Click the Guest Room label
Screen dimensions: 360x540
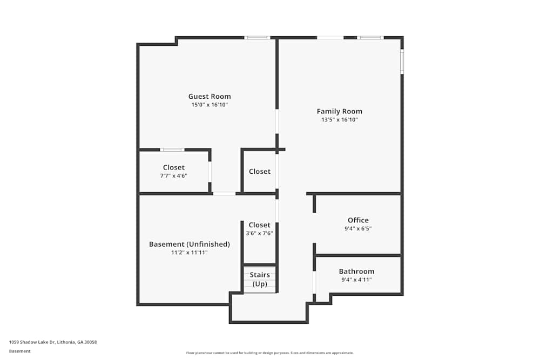point(209,97)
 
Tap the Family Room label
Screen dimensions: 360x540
point(339,112)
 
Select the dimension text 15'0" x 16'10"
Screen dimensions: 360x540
point(209,105)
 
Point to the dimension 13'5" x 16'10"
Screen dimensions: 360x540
point(339,120)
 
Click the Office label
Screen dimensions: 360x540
point(358,220)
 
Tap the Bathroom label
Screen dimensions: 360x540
point(356,271)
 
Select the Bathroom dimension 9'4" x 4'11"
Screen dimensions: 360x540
point(356,280)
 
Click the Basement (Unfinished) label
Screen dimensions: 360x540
point(189,244)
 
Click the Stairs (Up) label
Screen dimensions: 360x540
point(260,280)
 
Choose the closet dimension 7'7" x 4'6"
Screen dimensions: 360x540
point(173,175)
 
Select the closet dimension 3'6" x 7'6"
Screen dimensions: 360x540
point(259,233)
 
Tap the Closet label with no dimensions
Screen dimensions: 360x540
point(259,171)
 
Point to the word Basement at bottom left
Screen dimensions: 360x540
point(19,351)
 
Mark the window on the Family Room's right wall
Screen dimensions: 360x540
point(402,62)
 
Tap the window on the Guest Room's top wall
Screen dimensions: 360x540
point(257,38)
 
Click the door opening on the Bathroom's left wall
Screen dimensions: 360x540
point(314,282)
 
